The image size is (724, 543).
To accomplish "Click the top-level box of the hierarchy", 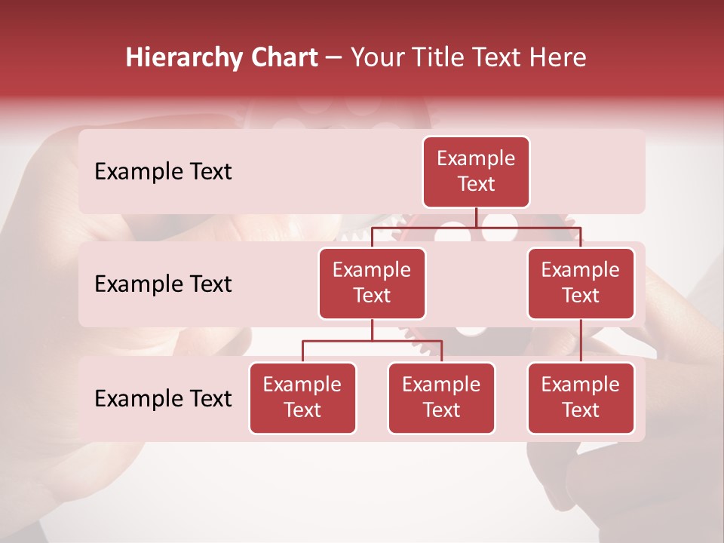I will pyautogui.click(x=476, y=172).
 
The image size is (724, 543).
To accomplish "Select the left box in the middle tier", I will pyautogui.click(x=372, y=284).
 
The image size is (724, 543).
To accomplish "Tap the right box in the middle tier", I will pyautogui.click(x=581, y=284).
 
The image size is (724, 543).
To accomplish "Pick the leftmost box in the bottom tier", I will pyautogui.click(x=302, y=398).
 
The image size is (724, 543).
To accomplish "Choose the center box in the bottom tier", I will pyautogui.click(x=441, y=398).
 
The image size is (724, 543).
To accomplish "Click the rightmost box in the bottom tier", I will pyautogui.click(x=581, y=398).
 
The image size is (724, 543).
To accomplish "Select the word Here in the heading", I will pyautogui.click(x=557, y=58).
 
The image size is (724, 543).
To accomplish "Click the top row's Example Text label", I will pyautogui.click(x=163, y=172).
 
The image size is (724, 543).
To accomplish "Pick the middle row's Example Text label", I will pyautogui.click(x=163, y=284).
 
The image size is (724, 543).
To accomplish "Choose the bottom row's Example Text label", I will pyautogui.click(x=163, y=399).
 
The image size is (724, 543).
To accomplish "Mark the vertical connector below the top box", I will pyautogui.click(x=476, y=217).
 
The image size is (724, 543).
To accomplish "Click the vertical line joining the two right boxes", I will pyautogui.click(x=581, y=341).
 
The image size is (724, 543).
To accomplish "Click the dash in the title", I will pyautogui.click(x=334, y=58).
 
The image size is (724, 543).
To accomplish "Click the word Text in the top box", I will pyautogui.click(x=476, y=185).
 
